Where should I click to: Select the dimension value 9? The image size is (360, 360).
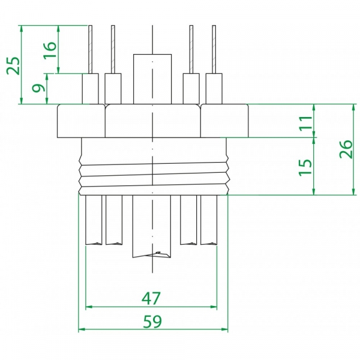(38, 89)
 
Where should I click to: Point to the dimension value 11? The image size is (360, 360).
(305, 121)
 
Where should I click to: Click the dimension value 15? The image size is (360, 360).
(305, 166)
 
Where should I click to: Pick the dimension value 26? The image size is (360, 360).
(346, 149)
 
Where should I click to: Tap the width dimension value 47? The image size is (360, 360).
(151, 298)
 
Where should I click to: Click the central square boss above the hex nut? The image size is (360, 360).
(153, 79)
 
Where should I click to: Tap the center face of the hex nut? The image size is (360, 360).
(153, 121)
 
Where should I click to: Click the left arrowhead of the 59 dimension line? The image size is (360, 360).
(82, 329)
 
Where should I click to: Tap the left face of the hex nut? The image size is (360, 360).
(81, 121)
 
